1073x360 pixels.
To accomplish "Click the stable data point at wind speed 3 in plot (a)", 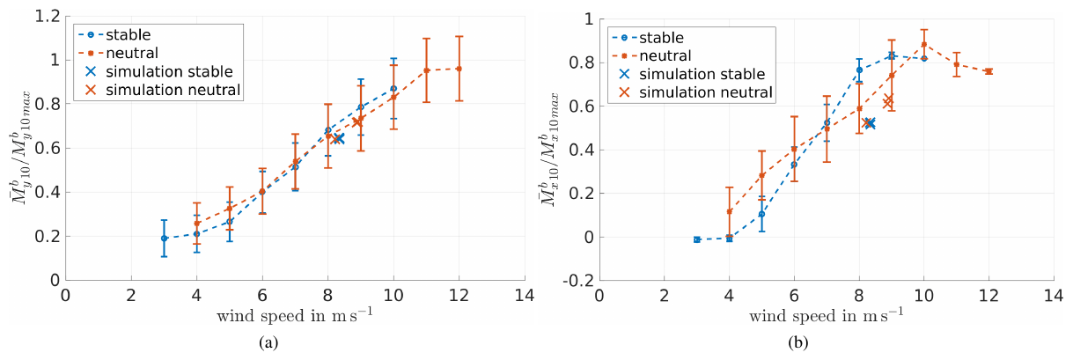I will click(164, 238).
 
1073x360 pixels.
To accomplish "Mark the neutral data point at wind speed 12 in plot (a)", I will click(459, 69).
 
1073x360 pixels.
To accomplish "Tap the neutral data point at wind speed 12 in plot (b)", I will click(988, 71).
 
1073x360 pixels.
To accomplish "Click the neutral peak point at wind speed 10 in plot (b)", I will click(923, 45).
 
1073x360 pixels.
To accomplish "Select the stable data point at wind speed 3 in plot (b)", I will click(696, 239).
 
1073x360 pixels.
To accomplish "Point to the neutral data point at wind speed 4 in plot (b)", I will click(729, 211).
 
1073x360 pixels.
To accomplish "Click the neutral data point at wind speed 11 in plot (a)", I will click(426, 70).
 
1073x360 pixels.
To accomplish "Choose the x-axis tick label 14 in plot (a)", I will click(524, 296).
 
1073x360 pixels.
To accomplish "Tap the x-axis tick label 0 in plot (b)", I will click(599, 296).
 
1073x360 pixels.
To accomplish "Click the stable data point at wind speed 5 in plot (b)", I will click(761, 214).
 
